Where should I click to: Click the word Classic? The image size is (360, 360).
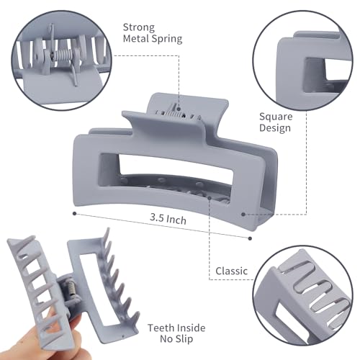pos(232,271)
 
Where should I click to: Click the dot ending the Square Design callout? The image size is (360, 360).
pos(245,213)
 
